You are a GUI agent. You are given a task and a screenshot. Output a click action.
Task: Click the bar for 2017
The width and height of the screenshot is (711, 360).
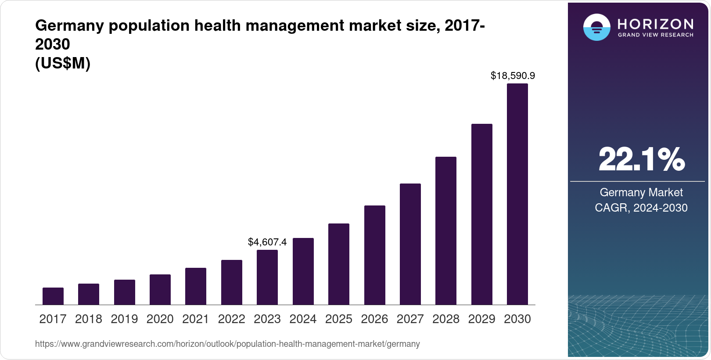[53, 296]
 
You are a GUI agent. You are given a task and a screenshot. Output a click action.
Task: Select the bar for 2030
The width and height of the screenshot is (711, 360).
[517, 194]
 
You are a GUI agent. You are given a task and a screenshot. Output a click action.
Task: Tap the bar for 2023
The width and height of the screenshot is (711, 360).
[267, 277]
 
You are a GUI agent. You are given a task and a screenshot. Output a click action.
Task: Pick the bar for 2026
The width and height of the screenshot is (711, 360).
[375, 255]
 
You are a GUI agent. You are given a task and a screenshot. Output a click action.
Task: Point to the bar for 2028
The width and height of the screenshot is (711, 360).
[446, 231]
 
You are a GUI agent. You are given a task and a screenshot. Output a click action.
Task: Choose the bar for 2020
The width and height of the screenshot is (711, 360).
[160, 290]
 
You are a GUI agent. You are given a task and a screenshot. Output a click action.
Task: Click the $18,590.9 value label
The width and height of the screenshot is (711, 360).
[513, 76]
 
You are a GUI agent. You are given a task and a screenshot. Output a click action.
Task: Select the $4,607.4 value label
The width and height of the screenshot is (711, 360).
[267, 242]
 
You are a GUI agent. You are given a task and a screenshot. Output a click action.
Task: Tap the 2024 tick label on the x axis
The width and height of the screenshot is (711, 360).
[303, 319]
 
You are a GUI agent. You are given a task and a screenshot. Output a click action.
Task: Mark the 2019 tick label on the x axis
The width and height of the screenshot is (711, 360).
[124, 319]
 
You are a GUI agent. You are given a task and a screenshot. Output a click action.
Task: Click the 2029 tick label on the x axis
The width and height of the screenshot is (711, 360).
[481, 319]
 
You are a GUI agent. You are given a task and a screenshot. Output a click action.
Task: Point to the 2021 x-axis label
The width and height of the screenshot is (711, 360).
[196, 319]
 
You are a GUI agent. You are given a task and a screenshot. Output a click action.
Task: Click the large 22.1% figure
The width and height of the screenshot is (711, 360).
[641, 159]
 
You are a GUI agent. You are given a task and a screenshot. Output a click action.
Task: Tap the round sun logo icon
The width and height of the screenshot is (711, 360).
[596, 27]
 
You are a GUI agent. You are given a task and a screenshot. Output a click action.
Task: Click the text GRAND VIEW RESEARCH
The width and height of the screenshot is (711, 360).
[655, 35]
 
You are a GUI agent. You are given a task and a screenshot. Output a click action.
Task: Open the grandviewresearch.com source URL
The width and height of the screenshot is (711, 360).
[227, 344]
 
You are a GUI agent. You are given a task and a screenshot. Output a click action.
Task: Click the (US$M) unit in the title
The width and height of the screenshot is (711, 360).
[63, 64]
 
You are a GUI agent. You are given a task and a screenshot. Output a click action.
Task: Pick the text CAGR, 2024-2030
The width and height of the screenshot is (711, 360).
[641, 208]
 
